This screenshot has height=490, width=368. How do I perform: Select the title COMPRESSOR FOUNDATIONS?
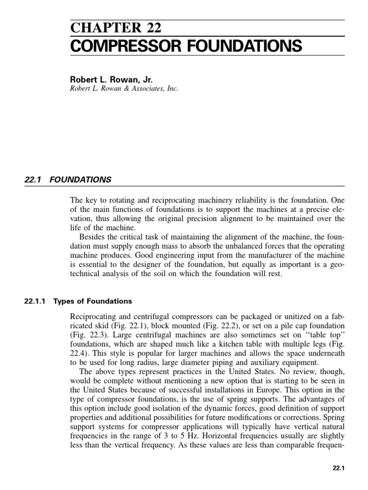tap(186, 46)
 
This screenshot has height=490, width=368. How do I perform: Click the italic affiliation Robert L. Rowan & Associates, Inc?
tap(124, 89)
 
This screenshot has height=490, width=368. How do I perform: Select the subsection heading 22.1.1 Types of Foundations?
tap(78, 301)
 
